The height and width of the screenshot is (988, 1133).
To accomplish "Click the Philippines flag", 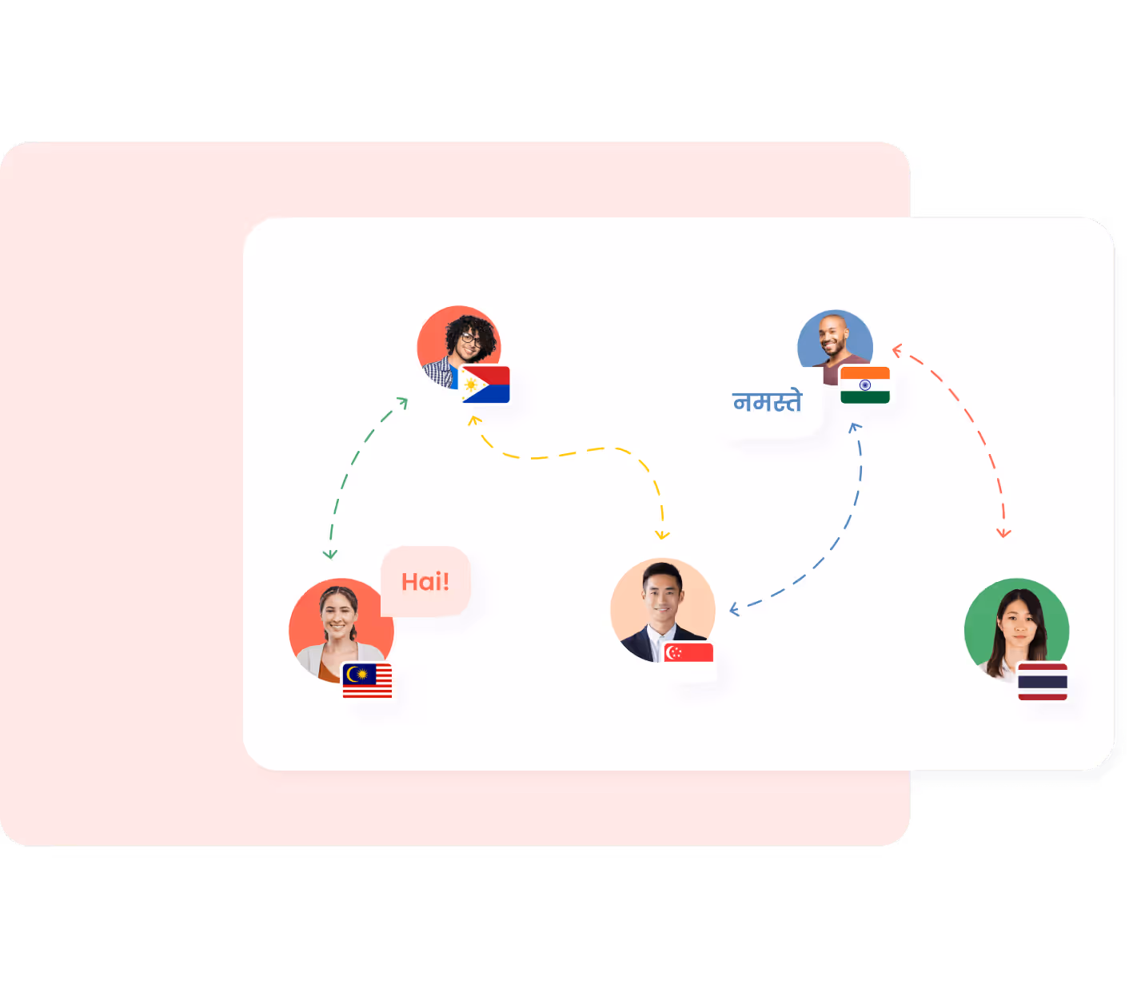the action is pyautogui.click(x=485, y=384).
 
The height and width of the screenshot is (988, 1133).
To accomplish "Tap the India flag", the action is pyautogui.click(x=864, y=384).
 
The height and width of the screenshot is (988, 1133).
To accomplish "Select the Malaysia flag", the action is pyautogui.click(x=367, y=681).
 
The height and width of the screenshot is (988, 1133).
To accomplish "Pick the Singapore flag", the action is pyautogui.click(x=688, y=653).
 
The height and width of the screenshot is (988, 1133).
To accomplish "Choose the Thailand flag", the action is pyautogui.click(x=1042, y=682).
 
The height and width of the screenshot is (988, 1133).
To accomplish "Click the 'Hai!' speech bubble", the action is pyautogui.click(x=425, y=581).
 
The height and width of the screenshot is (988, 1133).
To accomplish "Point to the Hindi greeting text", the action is pyautogui.click(x=766, y=401).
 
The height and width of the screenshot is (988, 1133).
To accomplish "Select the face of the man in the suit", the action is pyautogui.click(x=661, y=596).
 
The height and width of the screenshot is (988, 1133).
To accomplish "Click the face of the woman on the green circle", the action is pyautogui.click(x=1016, y=623).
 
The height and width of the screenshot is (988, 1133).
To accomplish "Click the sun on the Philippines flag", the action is pyautogui.click(x=471, y=385).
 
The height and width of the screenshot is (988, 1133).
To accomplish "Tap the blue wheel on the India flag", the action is pyautogui.click(x=864, y=384).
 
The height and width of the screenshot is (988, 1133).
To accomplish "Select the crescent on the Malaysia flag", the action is pyautogui.click(x=353, y=675).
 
